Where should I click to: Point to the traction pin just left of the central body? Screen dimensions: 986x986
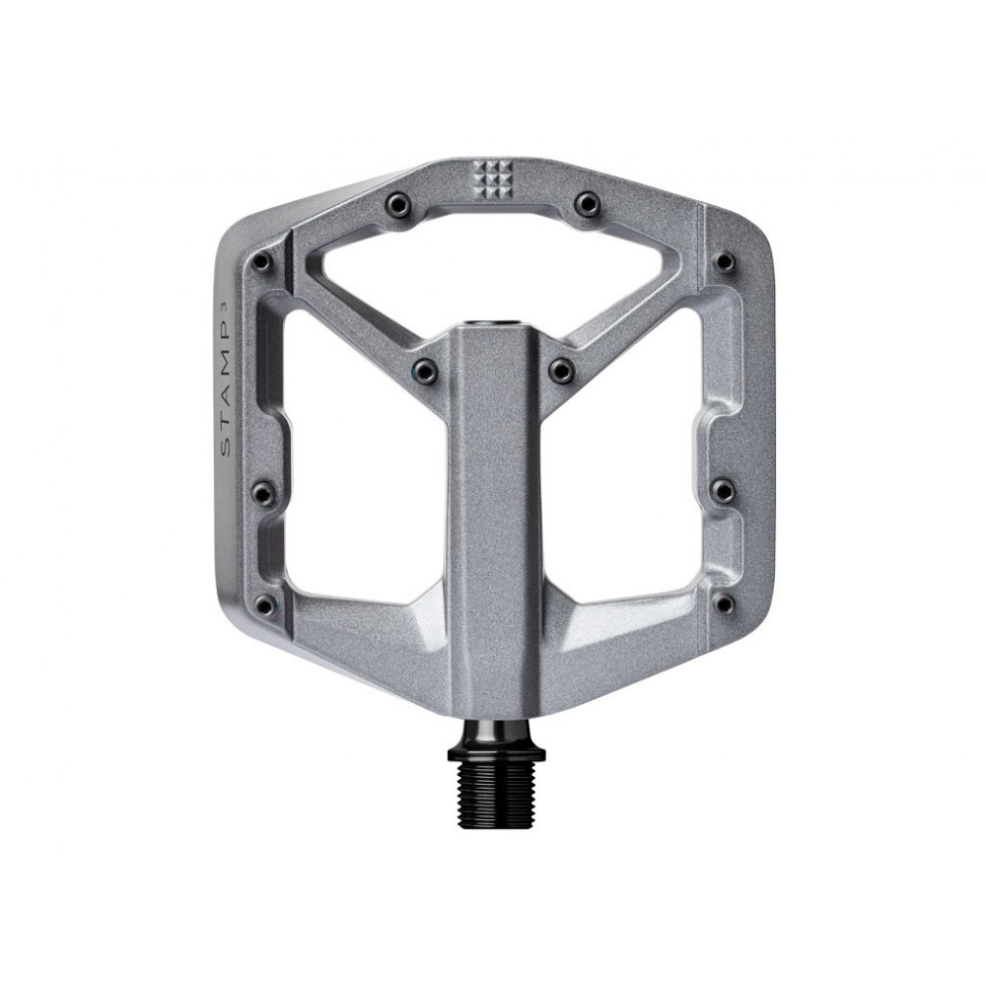[x=424, y=370]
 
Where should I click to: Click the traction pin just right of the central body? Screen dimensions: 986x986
[x=562, y=370]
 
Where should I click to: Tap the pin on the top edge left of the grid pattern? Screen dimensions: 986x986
[x=396, y=202]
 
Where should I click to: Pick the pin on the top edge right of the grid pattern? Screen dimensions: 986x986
[x=589, y=202]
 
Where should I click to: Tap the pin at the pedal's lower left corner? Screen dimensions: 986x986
[x=261, y=602]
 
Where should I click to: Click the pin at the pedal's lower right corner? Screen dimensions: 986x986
[x=725, y=602]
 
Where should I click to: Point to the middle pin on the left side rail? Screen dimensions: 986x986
[x=261, y=490]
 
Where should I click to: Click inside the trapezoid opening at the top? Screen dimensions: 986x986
[x=493, y=256]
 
